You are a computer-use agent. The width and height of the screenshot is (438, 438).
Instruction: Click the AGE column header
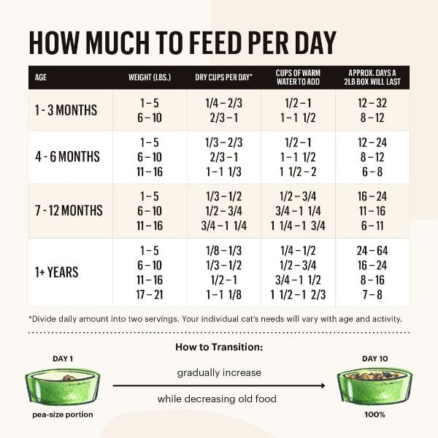(41, 77)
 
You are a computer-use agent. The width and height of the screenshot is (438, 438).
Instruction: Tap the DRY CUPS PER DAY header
(223, 77)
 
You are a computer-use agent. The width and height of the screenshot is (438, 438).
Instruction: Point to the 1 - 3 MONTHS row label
(65, 110)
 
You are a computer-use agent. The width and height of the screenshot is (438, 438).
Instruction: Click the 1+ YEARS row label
(58, 272)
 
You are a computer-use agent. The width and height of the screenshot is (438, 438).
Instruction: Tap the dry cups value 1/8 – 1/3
(223, 250)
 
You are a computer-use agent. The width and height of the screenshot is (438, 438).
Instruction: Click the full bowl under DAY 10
(374, 387)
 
